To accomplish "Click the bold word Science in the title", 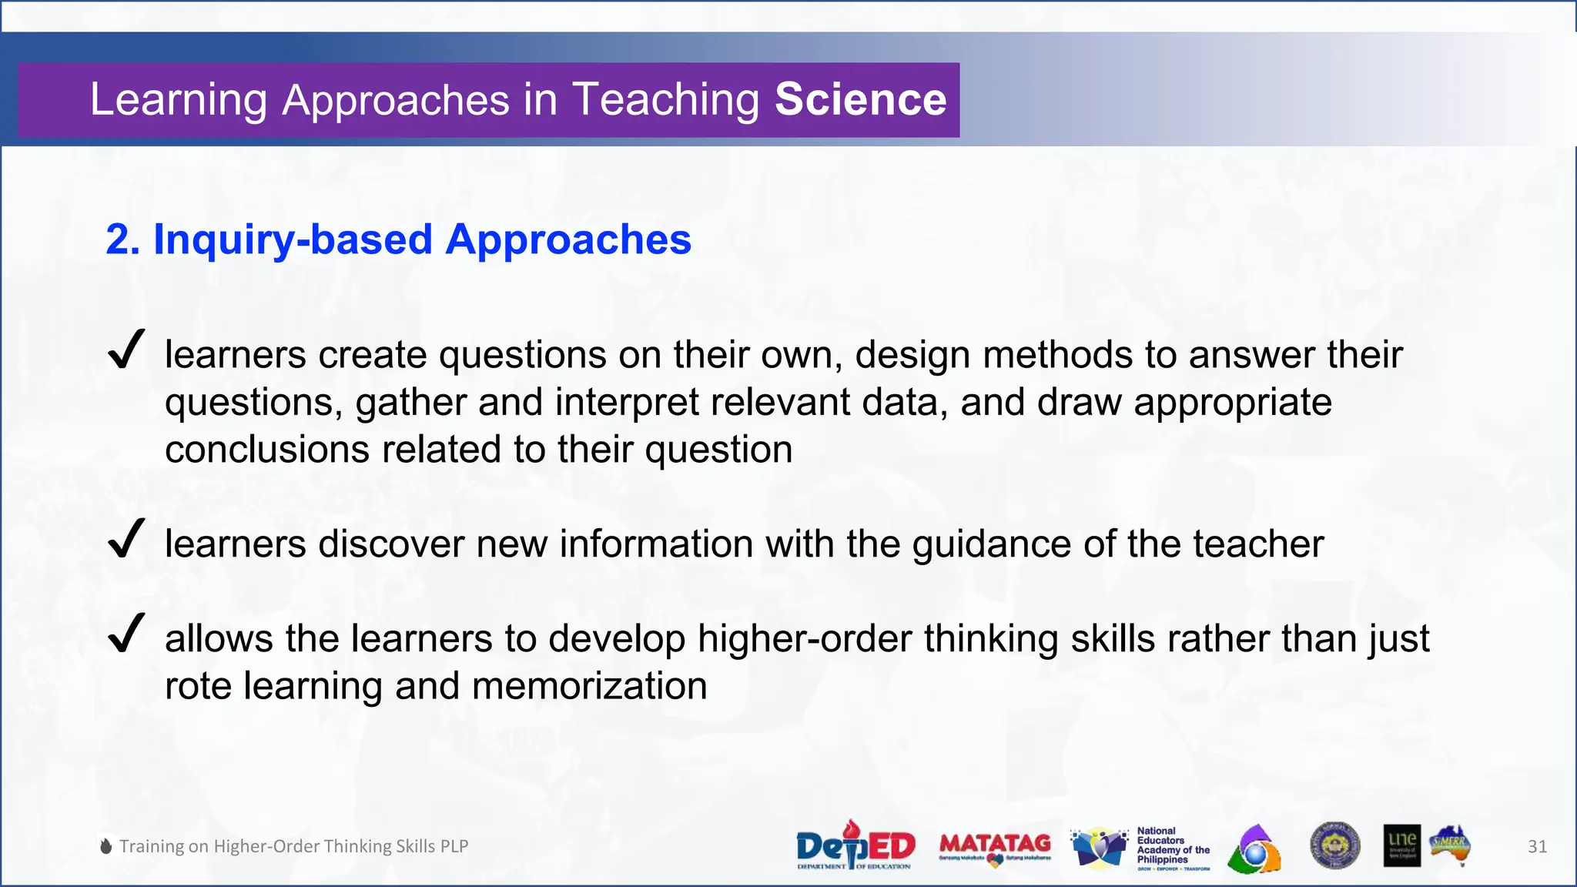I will coord(860,99).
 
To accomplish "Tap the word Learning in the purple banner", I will coord(179,100).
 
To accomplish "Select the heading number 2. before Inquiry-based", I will coord(123,239).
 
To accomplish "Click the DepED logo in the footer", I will coord(855,845).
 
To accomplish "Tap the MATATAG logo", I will coord(995,847).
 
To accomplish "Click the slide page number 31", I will coord(1537,846).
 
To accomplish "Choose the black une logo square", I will coord(1401,845).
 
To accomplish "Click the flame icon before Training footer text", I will coord(106,846).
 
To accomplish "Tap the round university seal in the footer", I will coord(1334,845).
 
